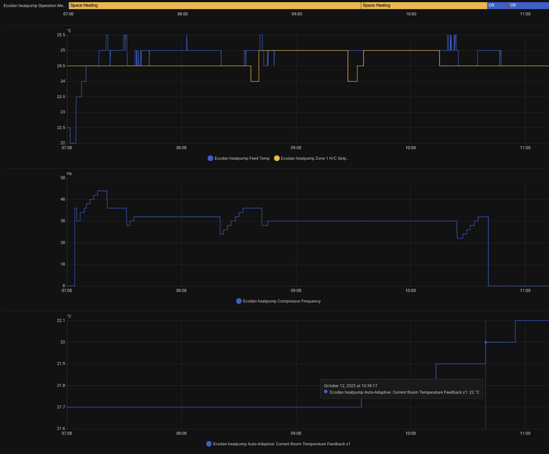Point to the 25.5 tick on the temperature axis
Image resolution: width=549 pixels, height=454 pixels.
61,35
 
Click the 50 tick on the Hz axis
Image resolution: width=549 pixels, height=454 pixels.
62,178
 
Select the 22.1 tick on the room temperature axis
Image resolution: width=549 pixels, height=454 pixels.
60,320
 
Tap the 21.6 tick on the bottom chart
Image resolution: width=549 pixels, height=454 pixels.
60,429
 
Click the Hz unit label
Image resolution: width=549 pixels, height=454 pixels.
69,174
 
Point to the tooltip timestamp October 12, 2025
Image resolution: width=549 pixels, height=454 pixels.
350,385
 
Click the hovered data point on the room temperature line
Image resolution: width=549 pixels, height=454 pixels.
486,342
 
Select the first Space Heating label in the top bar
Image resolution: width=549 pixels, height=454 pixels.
84,5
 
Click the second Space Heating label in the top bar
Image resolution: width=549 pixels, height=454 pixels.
377,5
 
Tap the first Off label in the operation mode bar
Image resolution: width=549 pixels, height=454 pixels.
491,5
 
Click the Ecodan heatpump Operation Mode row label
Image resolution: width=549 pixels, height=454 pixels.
34,5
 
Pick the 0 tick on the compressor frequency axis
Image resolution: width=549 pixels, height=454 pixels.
63,286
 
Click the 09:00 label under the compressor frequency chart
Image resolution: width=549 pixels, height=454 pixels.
296,291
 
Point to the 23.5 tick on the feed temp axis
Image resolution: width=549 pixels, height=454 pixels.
61,97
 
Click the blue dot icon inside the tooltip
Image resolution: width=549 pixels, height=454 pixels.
326,392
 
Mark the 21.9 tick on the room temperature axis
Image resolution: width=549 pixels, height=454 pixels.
60,363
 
